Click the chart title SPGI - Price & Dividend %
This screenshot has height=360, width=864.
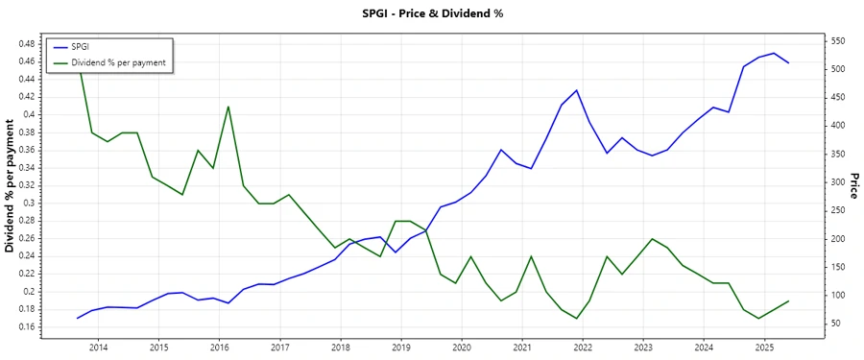(432, 13)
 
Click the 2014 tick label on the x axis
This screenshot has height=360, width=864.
(98, 348)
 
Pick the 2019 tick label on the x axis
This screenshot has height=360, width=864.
(400, 348)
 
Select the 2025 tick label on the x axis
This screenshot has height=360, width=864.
(764, 348)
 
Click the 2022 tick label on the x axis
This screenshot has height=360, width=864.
(583, 348)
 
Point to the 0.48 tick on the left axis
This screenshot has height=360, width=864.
(26, 44)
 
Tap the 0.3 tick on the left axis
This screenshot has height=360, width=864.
(30, 204)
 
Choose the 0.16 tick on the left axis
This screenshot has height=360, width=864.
(26, 327)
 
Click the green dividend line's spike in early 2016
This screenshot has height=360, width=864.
(228, 107)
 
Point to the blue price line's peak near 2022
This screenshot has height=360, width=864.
(577, 90)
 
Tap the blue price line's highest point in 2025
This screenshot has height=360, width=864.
(774, 53)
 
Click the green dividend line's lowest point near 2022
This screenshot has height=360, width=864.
(577, 319)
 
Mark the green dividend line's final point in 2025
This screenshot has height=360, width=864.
(789, 300)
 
